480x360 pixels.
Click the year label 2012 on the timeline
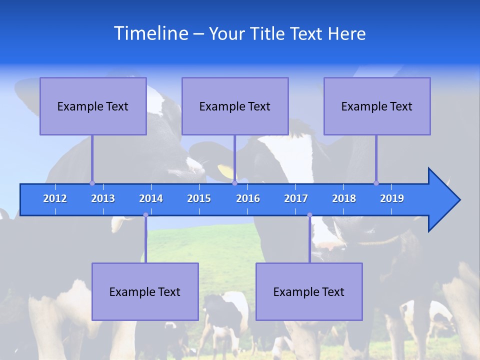coord(55,198)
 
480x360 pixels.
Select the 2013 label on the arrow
coord(103,198)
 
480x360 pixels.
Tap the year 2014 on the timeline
coord(151,198)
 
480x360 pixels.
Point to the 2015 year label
coord(199,198)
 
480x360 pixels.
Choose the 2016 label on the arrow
coord(248,198)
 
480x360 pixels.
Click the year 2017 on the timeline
coord(296,198)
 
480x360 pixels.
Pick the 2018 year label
coord(344,198)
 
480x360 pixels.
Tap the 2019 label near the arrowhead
coord(392,198)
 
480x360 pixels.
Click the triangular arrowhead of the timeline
coord(442,200)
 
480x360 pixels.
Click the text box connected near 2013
coord(93,106)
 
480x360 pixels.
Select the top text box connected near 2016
coord(235,106)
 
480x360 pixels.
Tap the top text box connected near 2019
coord(377,106)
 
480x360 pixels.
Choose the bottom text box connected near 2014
coord(145,291)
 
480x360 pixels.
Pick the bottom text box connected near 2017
coord(309,291)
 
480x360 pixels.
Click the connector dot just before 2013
coord(92,183)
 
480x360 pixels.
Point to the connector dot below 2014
coord(145,215)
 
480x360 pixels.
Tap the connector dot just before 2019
coord(376,183)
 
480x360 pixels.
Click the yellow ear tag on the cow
coord(226,171)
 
